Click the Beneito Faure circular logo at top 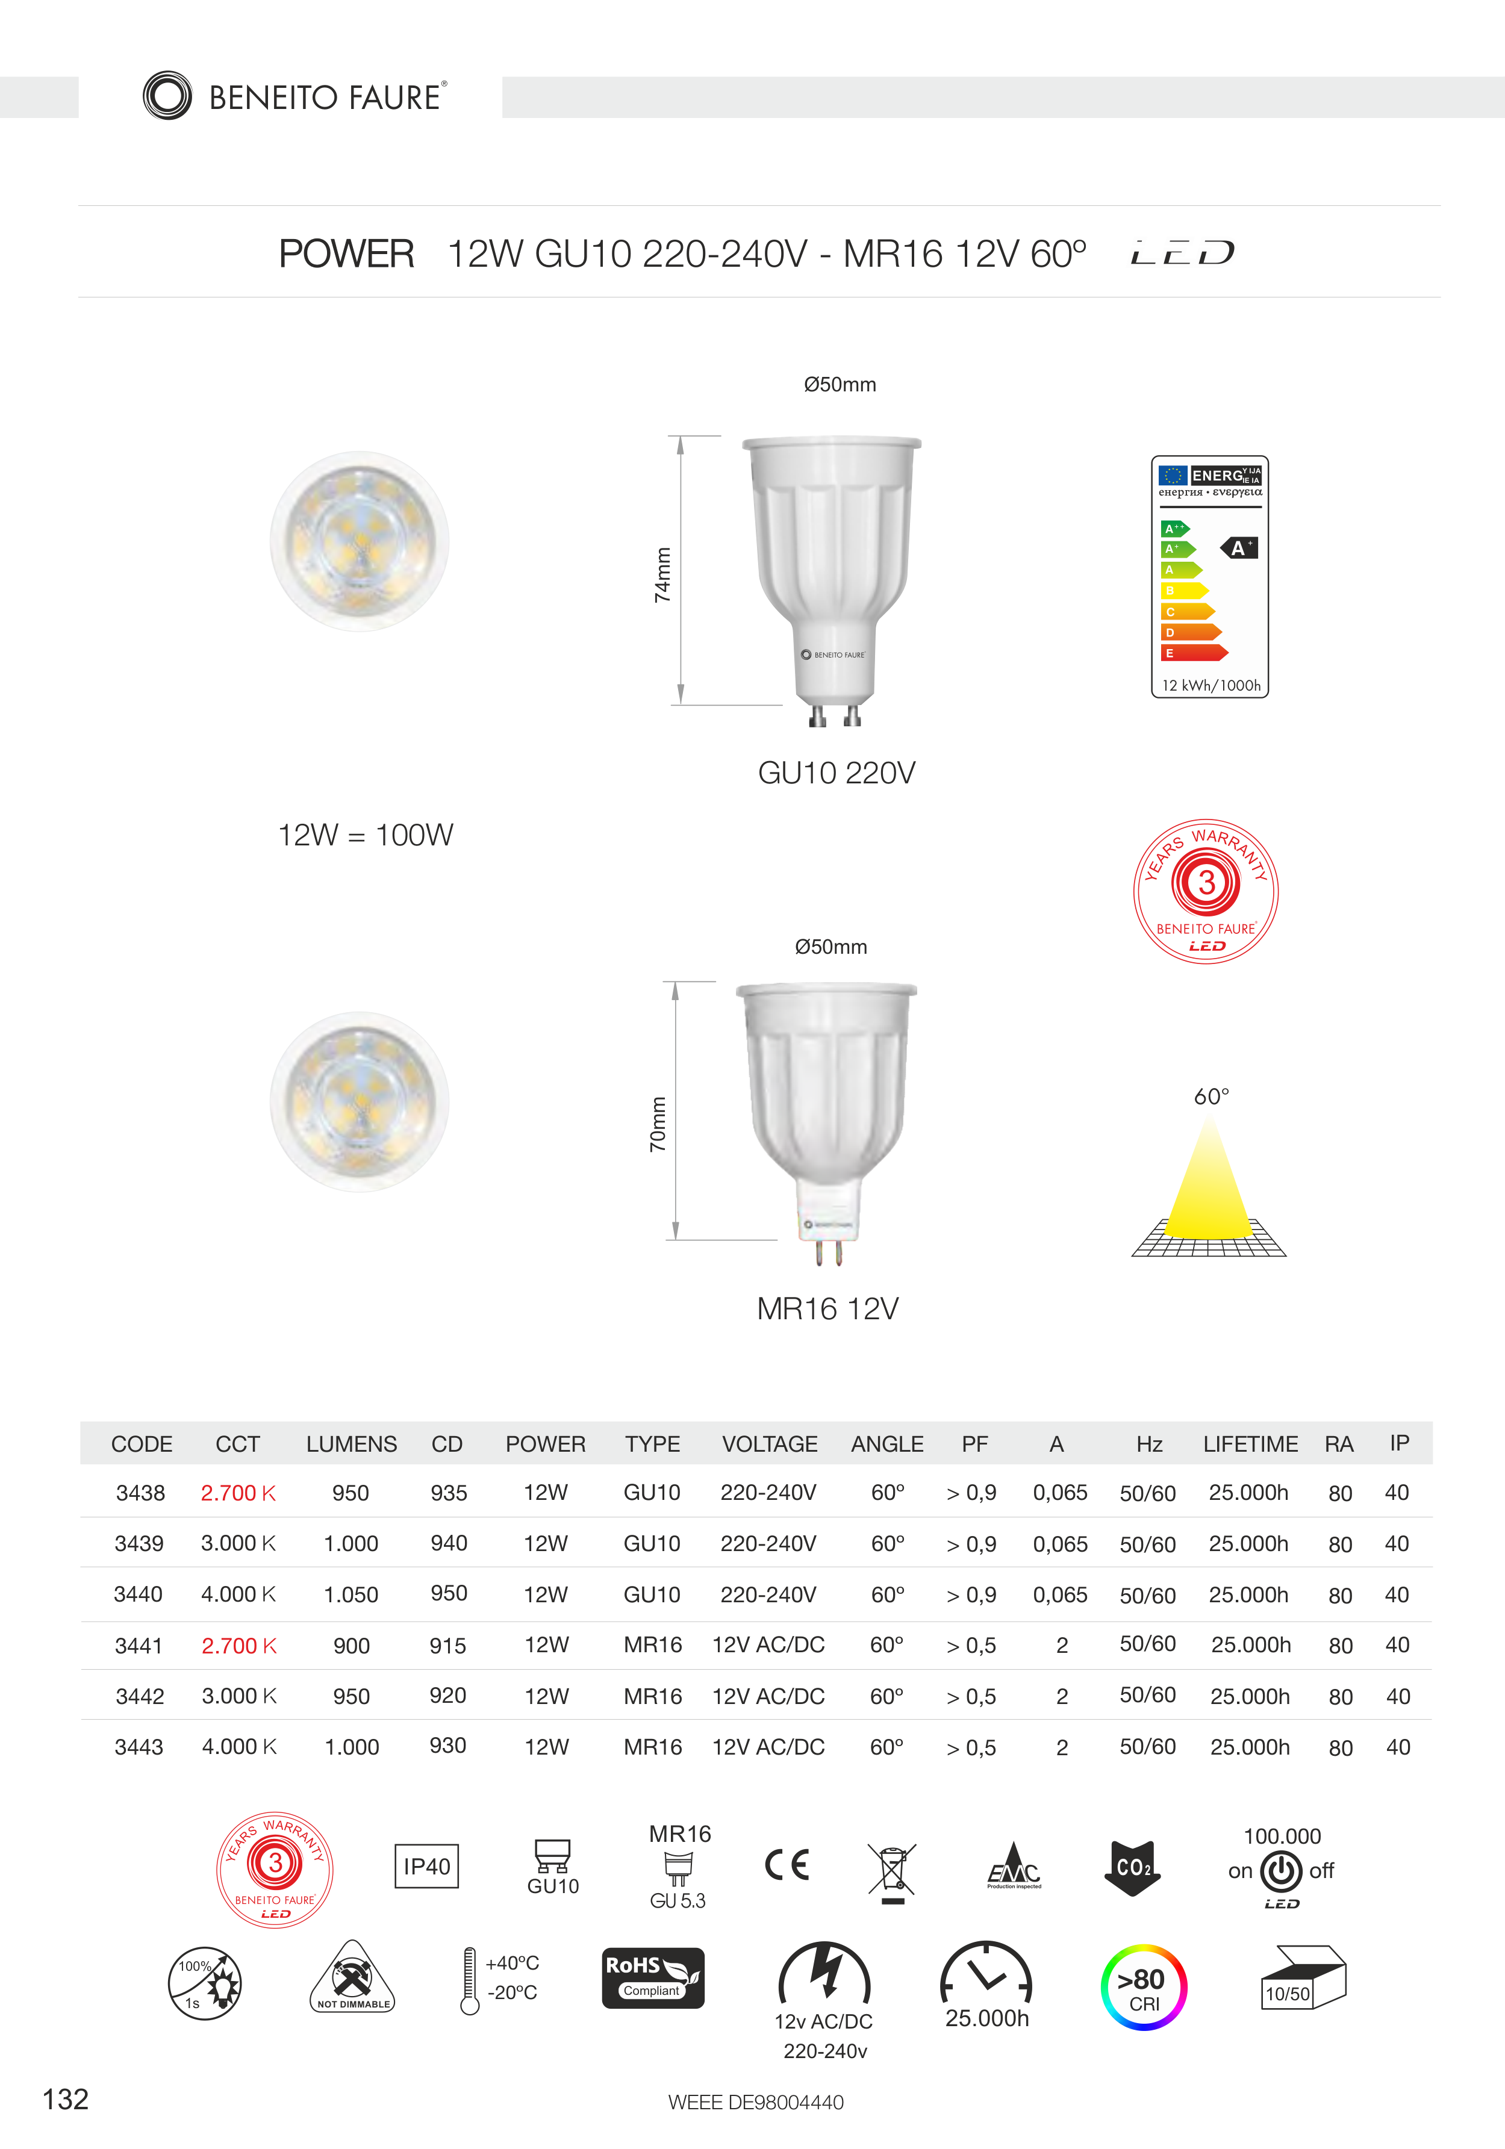(x=167, y=96)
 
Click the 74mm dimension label (x=662, y=574)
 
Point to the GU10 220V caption (x=837, y=773)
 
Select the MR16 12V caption (x=827, y=1308)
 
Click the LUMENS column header (x=351, y=1445)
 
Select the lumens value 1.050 (x=351, y=1595)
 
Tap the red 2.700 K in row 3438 (x=238, y=1493)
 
